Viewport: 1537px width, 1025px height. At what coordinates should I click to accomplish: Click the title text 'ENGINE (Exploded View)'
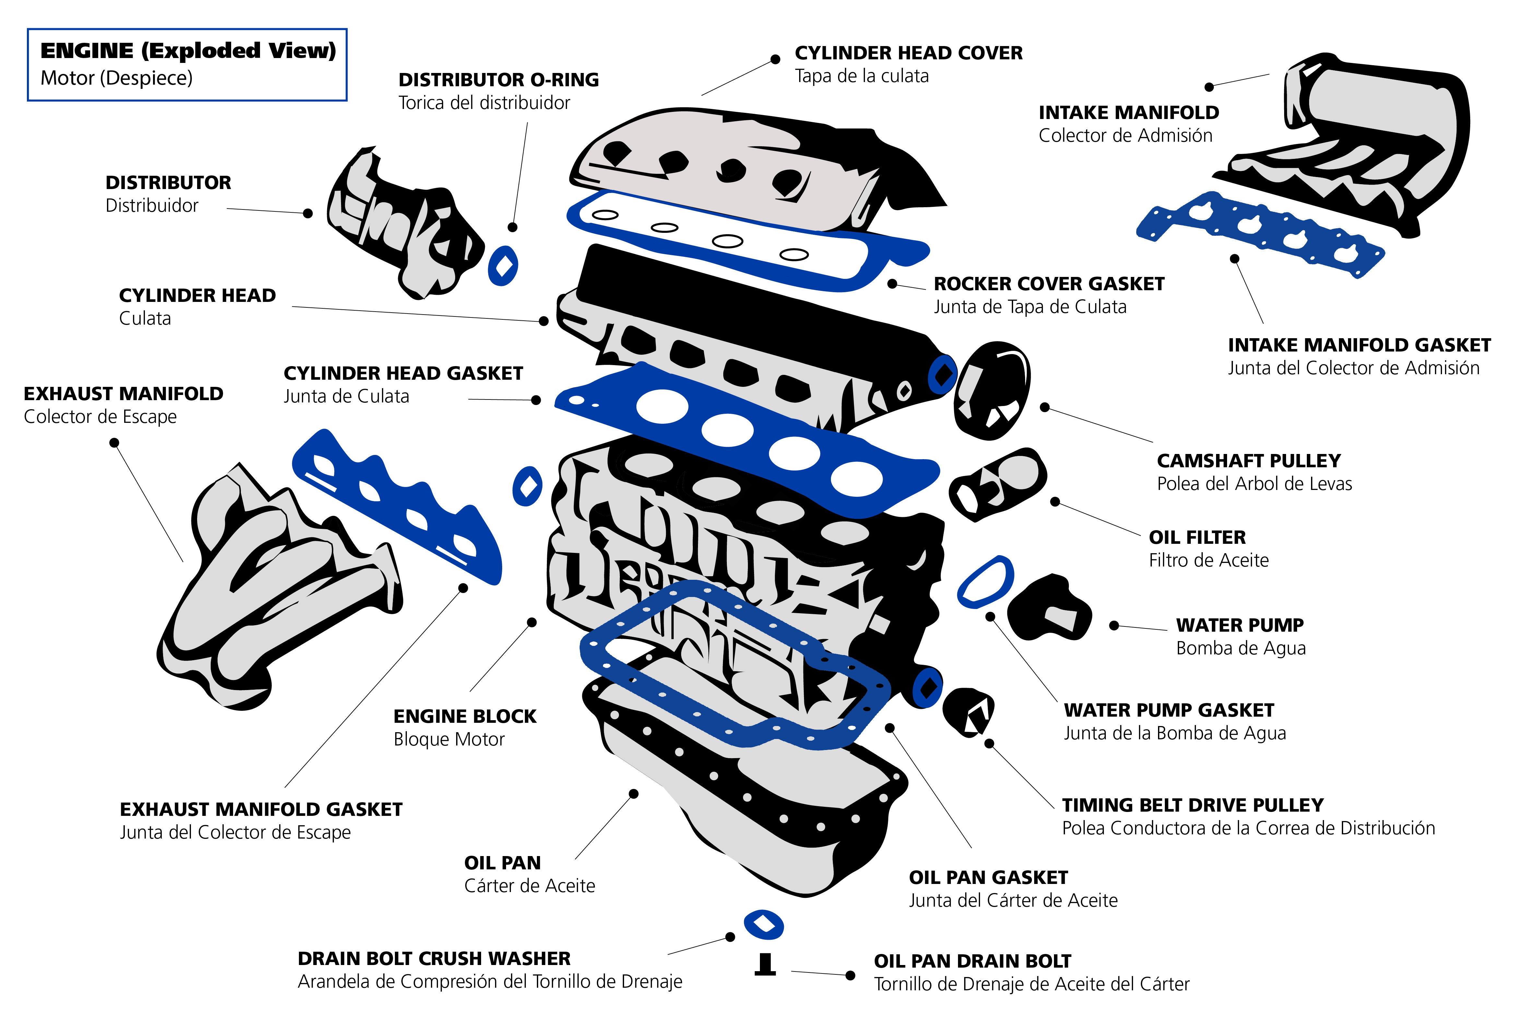(188, 51)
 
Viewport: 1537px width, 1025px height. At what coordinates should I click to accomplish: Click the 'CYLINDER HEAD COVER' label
(908, 53)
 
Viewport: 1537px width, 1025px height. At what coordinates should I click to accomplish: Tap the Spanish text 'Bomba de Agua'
(1240, 649)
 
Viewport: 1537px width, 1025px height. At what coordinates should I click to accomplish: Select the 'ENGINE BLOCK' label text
(465, 716)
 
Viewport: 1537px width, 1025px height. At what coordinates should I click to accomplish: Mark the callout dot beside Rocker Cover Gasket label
(892, 284)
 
